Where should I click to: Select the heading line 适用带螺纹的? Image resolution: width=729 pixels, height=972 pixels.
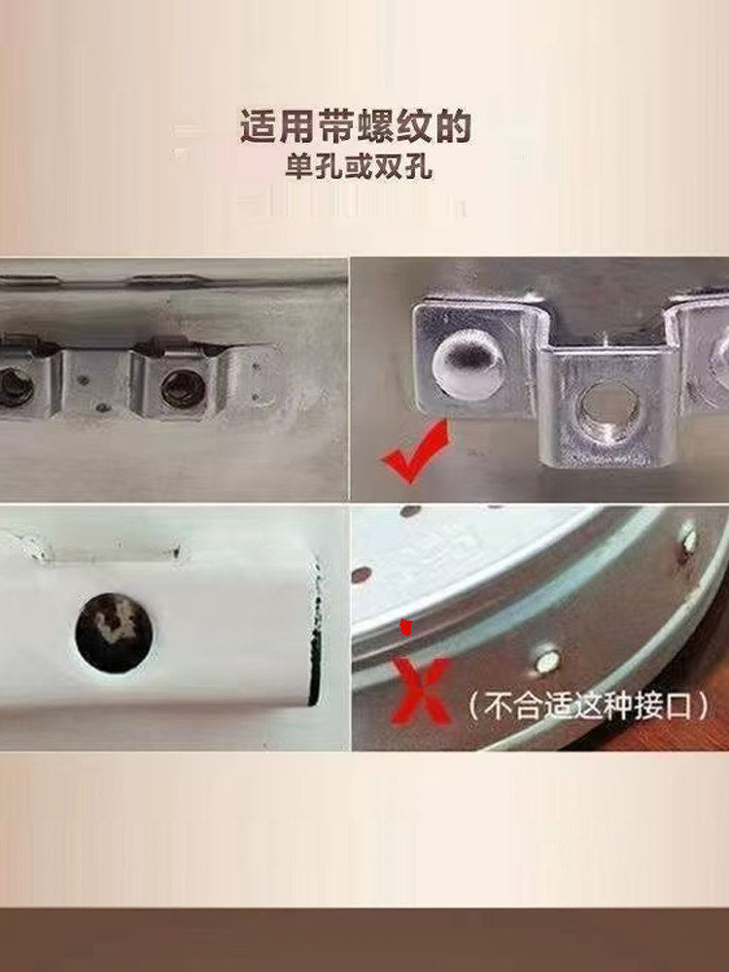point(356,127)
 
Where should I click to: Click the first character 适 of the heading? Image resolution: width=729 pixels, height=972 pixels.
point(256,127)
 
